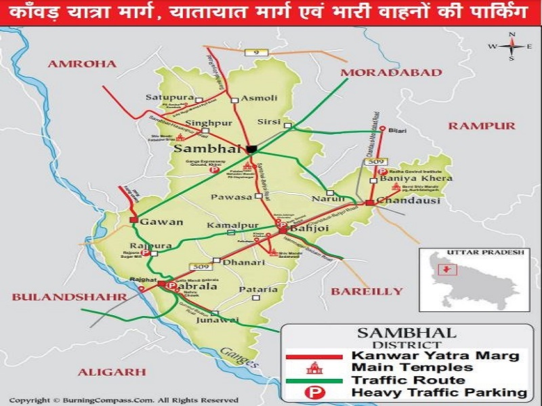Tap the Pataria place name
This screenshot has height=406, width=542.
tap(258, 290)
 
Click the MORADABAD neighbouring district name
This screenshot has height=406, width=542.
tap(376, 72)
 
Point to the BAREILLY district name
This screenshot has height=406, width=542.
tap(367, 292)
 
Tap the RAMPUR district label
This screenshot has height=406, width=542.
tap(481, 125)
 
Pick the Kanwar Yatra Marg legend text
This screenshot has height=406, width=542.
tap(435, 355)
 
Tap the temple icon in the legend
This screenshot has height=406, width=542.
tap(313, 367)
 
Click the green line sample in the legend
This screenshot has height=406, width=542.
tap(313, 380)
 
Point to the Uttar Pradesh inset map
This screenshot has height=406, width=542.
tap(472, 283)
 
